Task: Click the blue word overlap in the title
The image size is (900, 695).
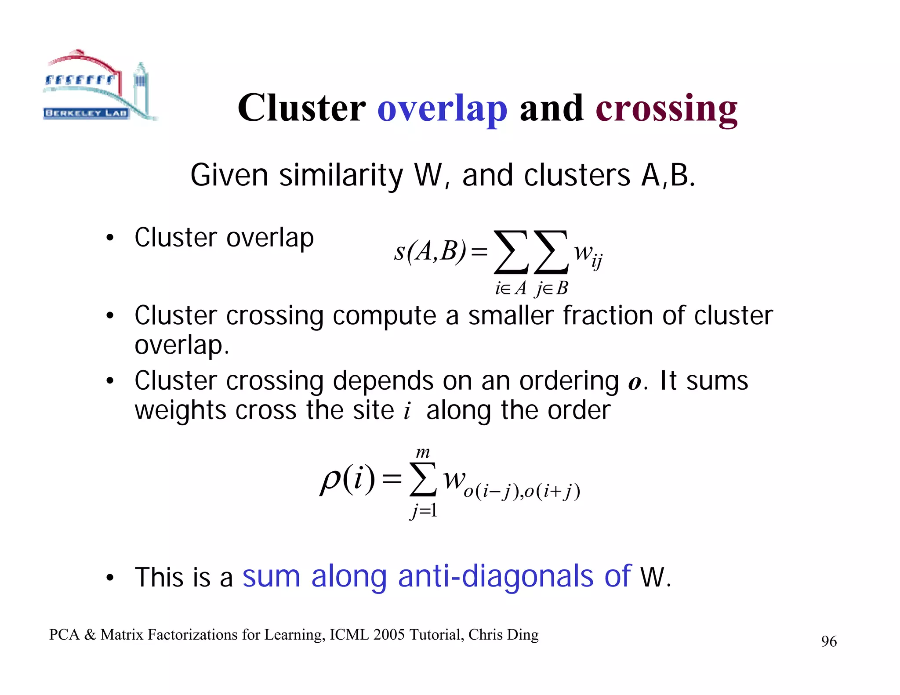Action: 442,109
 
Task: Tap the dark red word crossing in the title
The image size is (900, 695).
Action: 666,109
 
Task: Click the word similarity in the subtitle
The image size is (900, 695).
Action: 341,175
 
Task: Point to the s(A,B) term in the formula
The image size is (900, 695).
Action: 430,252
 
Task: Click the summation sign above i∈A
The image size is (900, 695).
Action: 511,252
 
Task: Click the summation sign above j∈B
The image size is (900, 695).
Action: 551,252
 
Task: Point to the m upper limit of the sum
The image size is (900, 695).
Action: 423,452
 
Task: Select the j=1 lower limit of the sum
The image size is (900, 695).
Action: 424,511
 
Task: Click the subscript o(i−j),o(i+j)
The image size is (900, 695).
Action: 522,491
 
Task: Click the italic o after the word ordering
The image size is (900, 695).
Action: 635,382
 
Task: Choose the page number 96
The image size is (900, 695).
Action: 829,641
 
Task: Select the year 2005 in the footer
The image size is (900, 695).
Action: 389,635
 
